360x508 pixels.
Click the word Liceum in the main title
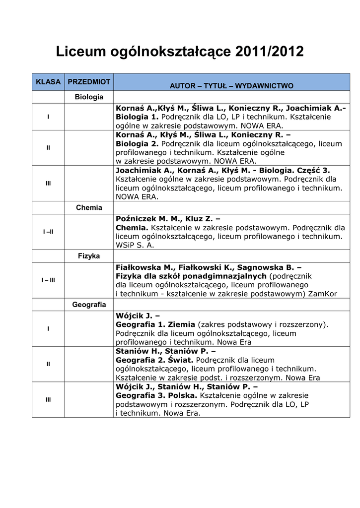[77, 52]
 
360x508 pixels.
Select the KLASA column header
[48, 81]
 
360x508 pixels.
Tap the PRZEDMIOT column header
[89, 81]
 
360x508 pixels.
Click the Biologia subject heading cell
[89, 97]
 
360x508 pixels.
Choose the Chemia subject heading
[89, 207]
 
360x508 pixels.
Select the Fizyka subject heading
[89, 256]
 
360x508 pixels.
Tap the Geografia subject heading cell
[89, 305]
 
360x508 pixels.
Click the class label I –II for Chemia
[48, 232]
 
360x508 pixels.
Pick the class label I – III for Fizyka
[48, 280]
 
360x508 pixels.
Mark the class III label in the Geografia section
[48, 399]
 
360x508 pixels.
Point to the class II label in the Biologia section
[48, 147]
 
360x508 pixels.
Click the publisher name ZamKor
[323, 294]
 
